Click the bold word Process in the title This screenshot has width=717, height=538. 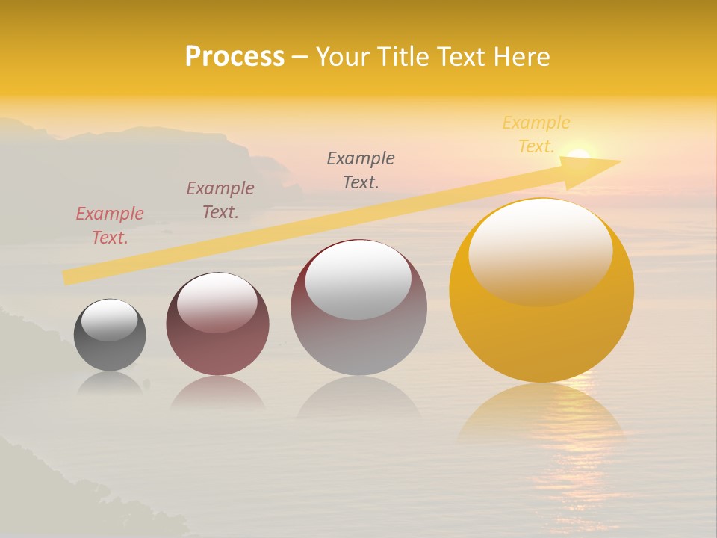[x=235, y=57]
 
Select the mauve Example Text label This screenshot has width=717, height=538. [x=220, y=200]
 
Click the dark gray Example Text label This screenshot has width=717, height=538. [x=361, y=170]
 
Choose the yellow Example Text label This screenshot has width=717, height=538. [x=536, y=134]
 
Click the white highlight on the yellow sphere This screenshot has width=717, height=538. [x=540, y=250]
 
